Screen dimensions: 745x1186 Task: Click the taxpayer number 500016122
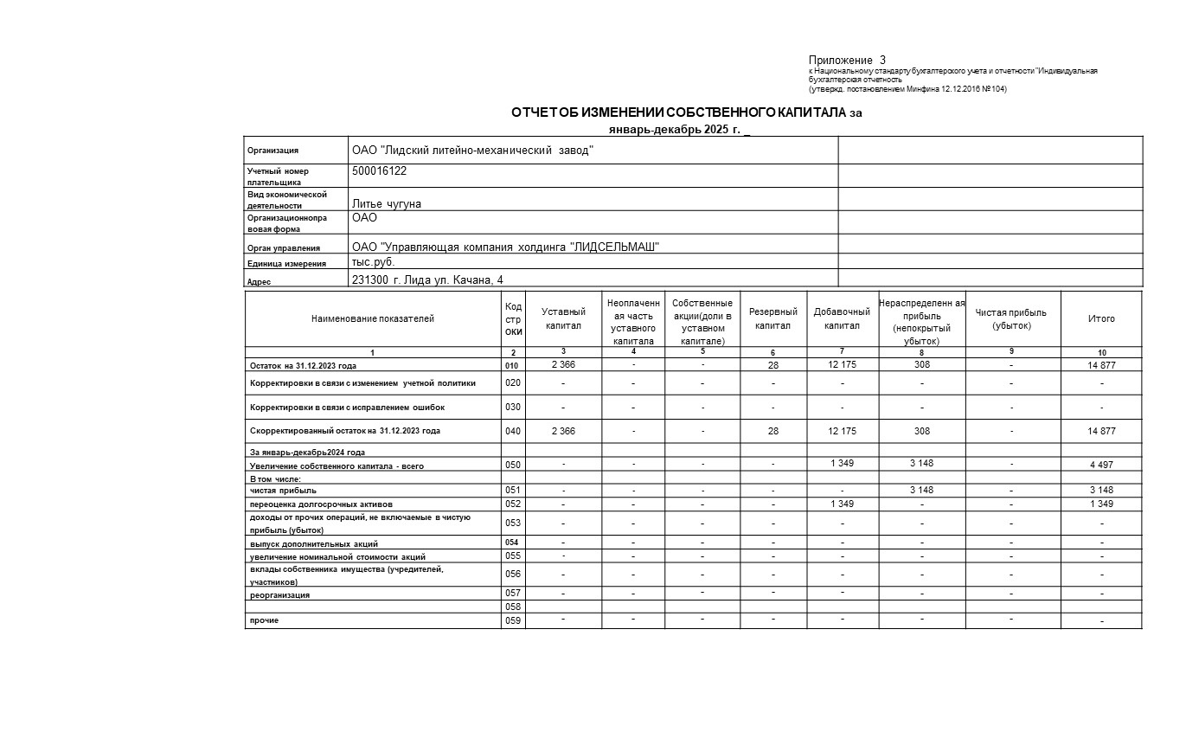click(x=379, y=171)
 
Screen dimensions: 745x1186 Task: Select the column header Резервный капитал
click(x=773, y=318)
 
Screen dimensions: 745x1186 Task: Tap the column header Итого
click(x=1100, y=318)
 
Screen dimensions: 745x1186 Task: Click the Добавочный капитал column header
click(x=841, y=318)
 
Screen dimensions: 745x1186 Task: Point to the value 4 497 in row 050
click(x=1100, y=465)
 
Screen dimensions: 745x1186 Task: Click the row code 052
click(x=512, y=504)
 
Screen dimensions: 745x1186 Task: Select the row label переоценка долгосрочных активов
click(x=321, y=504)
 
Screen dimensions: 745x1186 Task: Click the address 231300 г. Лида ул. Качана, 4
click(x=426, y=279)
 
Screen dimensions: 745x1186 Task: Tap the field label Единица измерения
click(x=286, y=264)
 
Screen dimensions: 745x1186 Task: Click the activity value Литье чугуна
click(x=386, y=203)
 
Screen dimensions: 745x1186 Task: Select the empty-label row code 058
click(x=512, y=607)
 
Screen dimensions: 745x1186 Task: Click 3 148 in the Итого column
click(x=1100, y=491)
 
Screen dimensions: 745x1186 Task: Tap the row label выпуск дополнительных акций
click(x=313, y=543)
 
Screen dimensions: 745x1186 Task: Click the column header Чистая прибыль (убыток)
click(x=1010, y=318)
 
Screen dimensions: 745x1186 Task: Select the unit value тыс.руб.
click(x=373, y=261)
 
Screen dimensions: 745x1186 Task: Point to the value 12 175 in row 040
click(x=841, y=431)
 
